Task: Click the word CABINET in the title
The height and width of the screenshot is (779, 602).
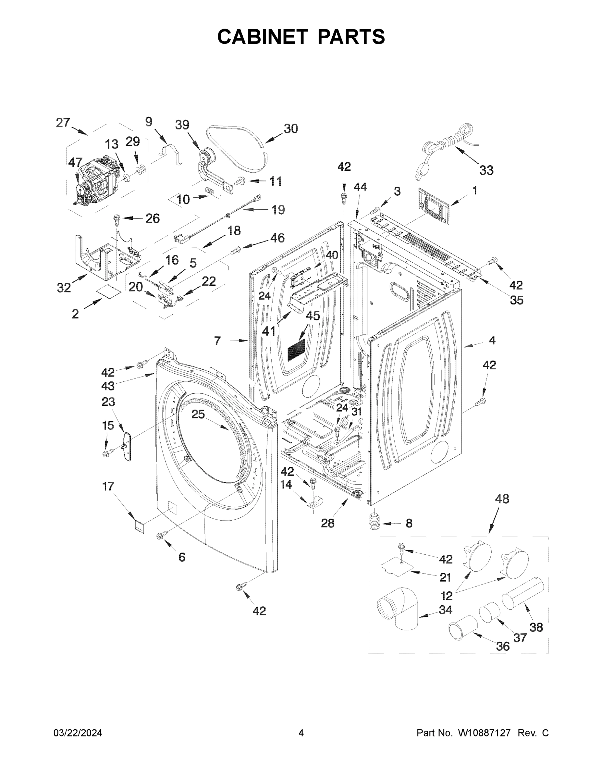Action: coord(262,36)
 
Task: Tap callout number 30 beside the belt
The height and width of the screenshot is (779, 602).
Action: coord(291,129)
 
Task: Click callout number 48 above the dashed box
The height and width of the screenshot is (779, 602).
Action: coord(502,499)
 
